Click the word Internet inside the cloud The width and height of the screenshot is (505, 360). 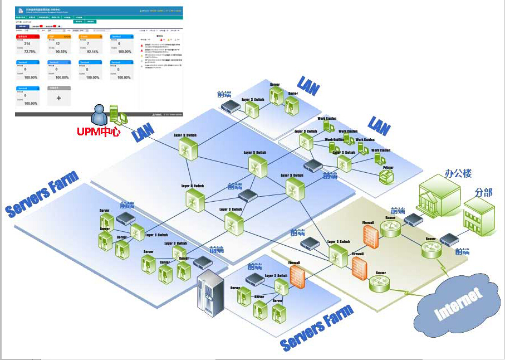[458, 304]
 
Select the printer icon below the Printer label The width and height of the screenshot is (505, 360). [386, 177]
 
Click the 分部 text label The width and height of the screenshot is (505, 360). [483, 192]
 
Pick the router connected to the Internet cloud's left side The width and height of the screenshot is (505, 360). [380, 284]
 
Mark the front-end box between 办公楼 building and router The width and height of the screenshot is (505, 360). [413, 219]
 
